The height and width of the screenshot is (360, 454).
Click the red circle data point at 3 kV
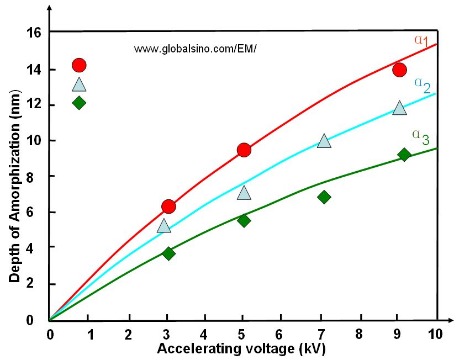pyautogui.click(x=168, y=207)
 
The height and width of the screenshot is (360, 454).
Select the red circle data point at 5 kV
pyautogui.click(x=244, y=150)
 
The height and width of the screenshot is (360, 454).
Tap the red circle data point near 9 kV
pyautogui.click(x=399, y=70)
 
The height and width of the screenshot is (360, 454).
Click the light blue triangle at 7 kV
pyautogui.click(x=324, y=141)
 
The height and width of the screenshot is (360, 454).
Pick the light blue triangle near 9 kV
pyautogui.click(x=399, y=108)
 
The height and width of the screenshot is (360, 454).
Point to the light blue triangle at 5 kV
pyautogui.click(x=244, y=193)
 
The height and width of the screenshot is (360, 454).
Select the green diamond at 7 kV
pyautogui.click(x=324, y=197)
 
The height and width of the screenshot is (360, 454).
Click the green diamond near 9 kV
pyautogui.click(x=404, y=155)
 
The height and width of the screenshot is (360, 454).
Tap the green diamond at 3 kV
pyautogui.click(x=168, y=253)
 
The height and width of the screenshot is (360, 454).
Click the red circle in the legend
pyautogui.click(x=79, y=65)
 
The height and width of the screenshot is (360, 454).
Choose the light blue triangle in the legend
pyautogui.click(x=79, y=84)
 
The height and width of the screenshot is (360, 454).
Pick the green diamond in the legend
pyautogui.click(x=79, y=103)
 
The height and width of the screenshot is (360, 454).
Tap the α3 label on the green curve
pyautogui.click(x=420, y=136)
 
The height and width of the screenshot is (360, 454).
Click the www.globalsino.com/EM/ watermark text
pyautogui.click(x=196, y=49)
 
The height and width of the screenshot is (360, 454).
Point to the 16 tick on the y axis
pyautogui.click(x=35, y=32)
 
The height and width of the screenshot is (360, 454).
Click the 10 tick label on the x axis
pyautogui.click(x=436, y=334)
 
